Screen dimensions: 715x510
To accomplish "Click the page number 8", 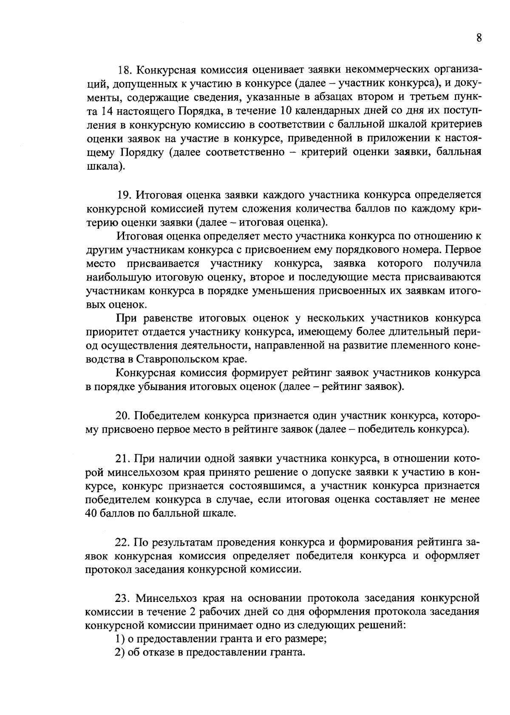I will click(479, 38).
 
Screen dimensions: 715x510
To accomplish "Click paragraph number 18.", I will click(125, 69).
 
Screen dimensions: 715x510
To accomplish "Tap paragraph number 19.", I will click(125, 195).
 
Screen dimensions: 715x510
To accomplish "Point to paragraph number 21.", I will click(123, 459).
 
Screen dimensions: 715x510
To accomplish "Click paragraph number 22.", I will click(123, 542).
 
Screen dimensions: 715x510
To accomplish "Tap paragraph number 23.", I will click(125, 598).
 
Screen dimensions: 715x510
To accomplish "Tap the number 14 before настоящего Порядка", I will click(107, 111).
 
